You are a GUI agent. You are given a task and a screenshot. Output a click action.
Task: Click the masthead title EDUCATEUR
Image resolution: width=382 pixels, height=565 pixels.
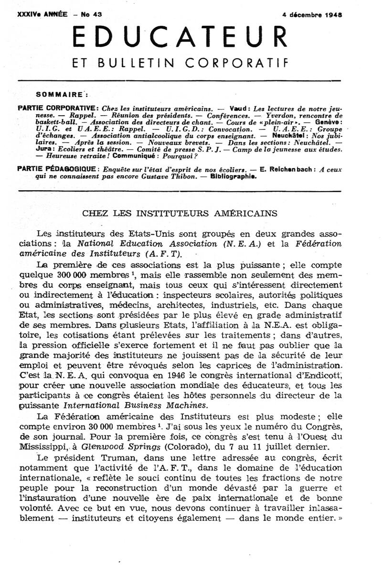(x=179, y=37)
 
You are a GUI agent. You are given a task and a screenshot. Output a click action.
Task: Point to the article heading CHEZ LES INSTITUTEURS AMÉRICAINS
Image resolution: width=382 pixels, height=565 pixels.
(x=180, y=214)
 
